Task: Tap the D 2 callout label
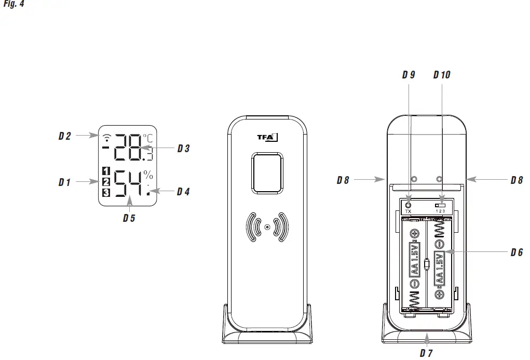[64, 137]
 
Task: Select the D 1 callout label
[64, 182]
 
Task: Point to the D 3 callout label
[183, 149]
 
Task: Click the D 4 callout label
[183, 192]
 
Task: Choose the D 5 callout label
[129, 218]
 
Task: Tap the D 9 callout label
[409, 75]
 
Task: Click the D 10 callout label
[442, 75]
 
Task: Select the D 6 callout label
[517, 252]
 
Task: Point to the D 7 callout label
[426, 353]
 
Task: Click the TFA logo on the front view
[268, 138]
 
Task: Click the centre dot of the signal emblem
[267, 227]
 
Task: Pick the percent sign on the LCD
[148, 175]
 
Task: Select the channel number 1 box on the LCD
[106, 171]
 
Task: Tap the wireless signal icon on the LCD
[107, 138]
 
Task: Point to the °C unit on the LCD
[148, 139]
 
